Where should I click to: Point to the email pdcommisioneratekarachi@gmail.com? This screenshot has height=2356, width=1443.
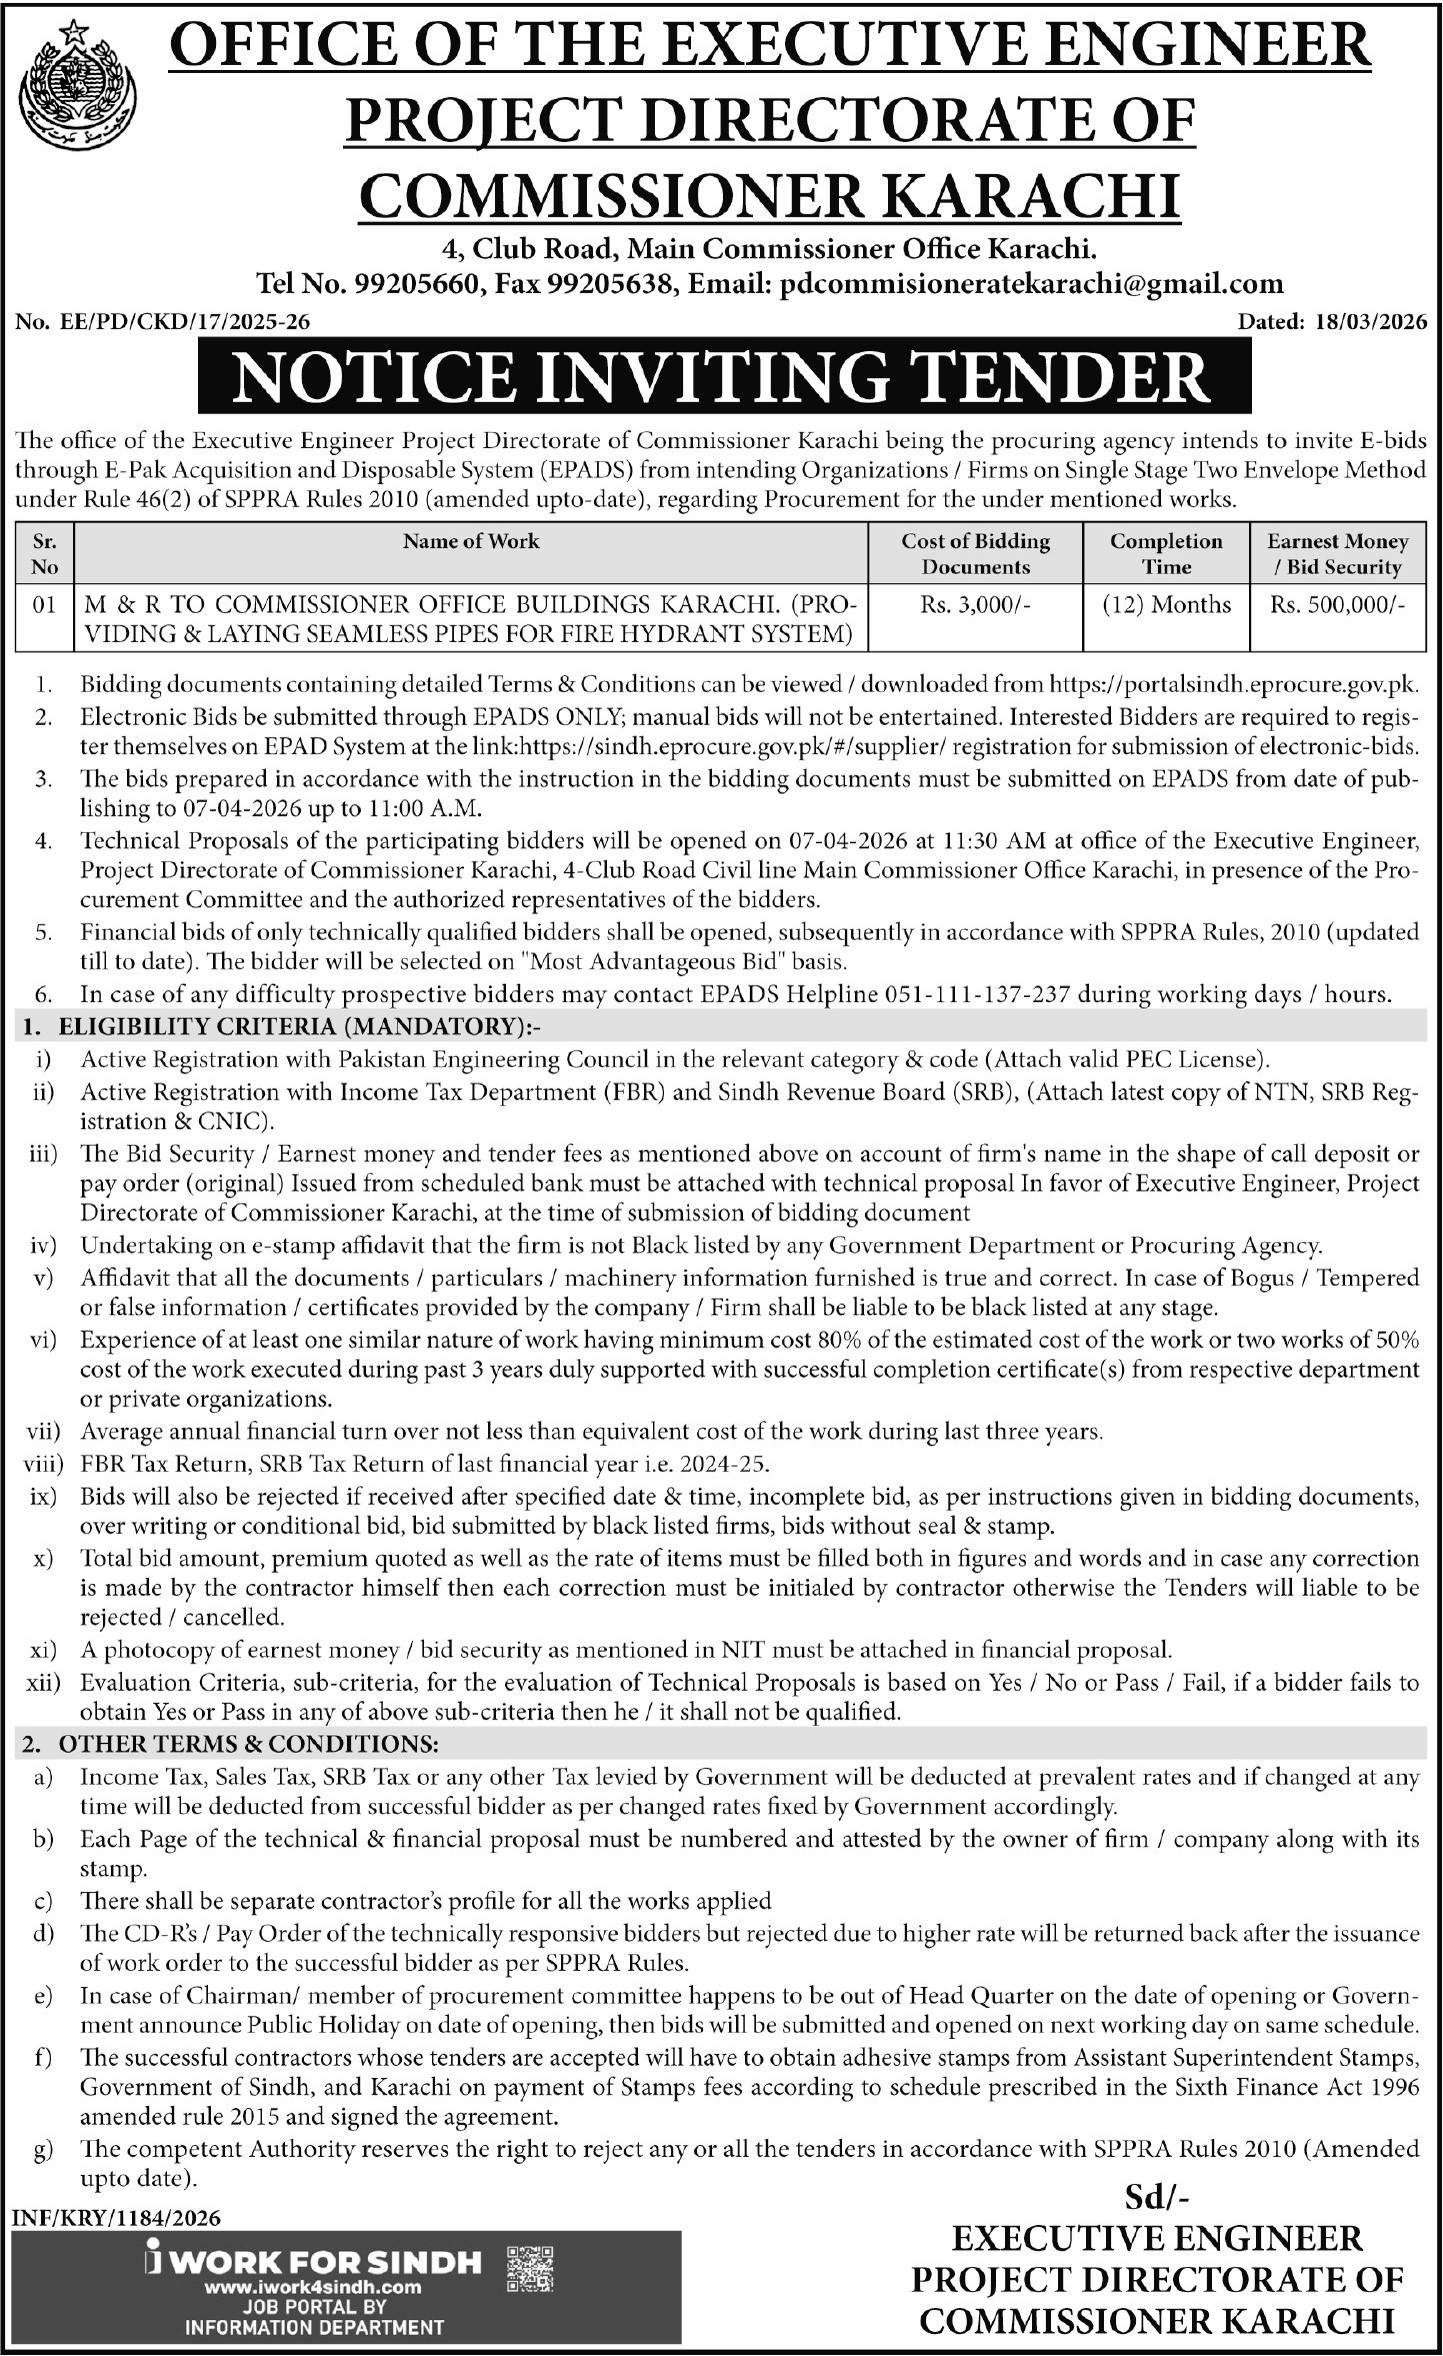click(1031, 284)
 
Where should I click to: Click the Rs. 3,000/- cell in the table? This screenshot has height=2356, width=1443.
click(974, 605)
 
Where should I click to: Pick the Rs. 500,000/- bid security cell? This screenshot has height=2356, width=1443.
click(1337, 605)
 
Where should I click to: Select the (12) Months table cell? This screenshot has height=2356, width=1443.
click(1166, 605)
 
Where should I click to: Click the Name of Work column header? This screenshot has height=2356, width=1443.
click(471, 541)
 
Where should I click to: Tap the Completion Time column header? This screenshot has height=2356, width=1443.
click(1166, 554)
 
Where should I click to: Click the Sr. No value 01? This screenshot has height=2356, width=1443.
click(45, 605)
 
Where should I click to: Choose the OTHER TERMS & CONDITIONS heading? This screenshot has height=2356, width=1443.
click(248, 1744)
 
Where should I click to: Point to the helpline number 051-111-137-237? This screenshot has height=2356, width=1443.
click(980, 994)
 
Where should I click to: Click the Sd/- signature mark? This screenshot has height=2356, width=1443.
click(1157, 2196)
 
